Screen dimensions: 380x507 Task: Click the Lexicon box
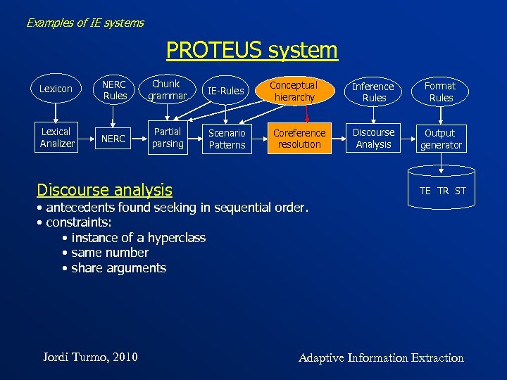click(56, 89)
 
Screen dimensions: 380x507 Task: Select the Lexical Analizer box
click(57, 138)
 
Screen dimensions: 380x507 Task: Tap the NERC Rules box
click(115, 89)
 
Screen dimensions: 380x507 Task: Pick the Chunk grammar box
click(168, 89)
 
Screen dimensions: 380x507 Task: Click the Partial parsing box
click(168, 138)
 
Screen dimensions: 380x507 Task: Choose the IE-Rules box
click(225, 90)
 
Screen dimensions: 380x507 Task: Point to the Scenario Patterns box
click(227, 139)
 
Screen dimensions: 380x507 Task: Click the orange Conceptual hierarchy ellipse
click(295, 91)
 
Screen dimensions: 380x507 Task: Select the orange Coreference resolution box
click(299, 138)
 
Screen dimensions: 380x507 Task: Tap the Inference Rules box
click(373, 91)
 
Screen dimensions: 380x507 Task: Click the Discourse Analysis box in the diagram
click(374, 138)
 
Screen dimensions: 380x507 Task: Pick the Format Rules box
click(441, 91)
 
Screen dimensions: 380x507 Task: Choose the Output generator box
click(441, 139)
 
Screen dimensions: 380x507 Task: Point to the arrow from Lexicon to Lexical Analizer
click(56, 113)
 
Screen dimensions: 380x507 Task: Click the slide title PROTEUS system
click(252, 51)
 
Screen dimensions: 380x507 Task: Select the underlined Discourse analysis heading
click(104, 190)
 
